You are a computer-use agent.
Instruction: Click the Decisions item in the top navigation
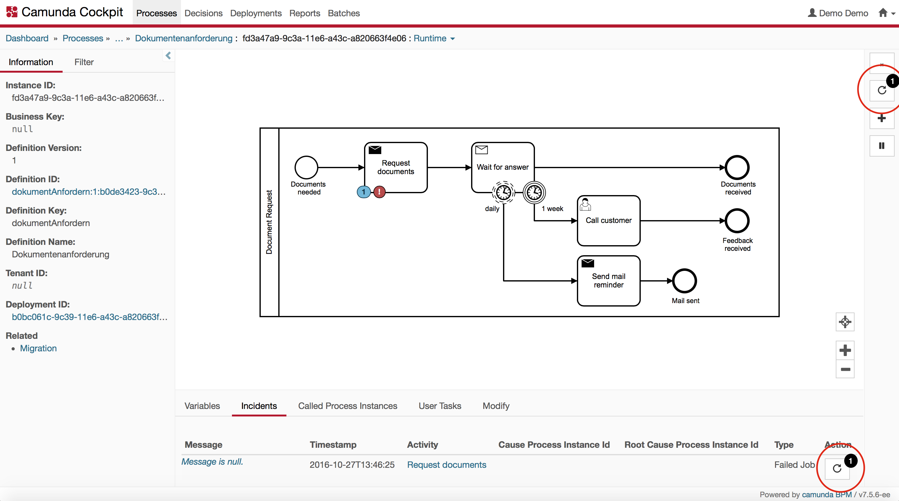pos(203,13)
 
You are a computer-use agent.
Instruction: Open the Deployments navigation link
pos(255,13)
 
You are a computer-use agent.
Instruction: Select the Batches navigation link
pos(343,13)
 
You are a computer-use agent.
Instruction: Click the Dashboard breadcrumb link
pos(27,39)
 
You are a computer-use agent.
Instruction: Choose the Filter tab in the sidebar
pos(84,62)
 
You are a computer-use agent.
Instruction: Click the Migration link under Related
pos(38,348)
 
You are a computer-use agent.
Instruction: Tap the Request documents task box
pos(396,168)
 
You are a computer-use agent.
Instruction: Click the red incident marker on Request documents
pos(379,192)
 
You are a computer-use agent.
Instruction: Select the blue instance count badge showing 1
pos(364,192)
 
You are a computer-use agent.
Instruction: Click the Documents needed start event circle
pos(306,168)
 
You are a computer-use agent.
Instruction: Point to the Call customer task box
pos(608,221)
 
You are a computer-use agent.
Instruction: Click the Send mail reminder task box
pos(608,281)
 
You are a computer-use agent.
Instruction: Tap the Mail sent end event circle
pos(684,281)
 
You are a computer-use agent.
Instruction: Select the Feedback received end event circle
pos(737,221)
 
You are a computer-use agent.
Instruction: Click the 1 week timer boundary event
pos(534,192)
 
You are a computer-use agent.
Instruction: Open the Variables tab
pos(202,406)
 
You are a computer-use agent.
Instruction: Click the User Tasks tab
pos(440,406)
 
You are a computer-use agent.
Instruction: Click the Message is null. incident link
pos(212,462)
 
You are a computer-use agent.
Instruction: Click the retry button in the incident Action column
pos(837,468)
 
